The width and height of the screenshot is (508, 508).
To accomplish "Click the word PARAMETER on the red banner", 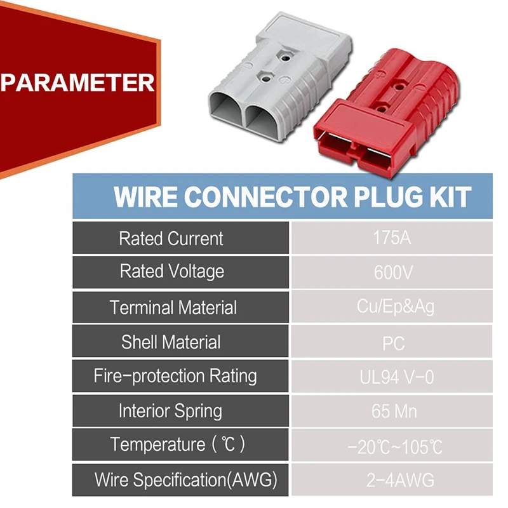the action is pyautogui.click(x=77, y=83).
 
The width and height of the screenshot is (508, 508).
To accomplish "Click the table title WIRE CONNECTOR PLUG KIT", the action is pyautogui.click(x=292, y=196).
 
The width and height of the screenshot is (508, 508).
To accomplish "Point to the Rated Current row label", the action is pyautogui.click(x=171, y=239).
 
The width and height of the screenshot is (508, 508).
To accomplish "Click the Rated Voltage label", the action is pyautogui.click(x=172, y=272).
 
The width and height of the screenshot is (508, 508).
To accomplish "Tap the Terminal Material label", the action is pyautogui.click(x=173, y=307).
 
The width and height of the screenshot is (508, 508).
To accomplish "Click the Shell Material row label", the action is pyautogui.click(x=171, y=342).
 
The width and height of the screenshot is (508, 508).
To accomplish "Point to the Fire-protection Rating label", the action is pyautogui.click(x=175, y=376).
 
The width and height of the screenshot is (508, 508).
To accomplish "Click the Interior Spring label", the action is pyautogui.click(x=171, y=411).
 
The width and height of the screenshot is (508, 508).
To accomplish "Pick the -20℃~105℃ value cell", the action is pyautogui.click(x=394, y=446).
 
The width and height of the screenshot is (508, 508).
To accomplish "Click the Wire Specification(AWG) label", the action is pyautogui.click(x=186, y=479).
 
